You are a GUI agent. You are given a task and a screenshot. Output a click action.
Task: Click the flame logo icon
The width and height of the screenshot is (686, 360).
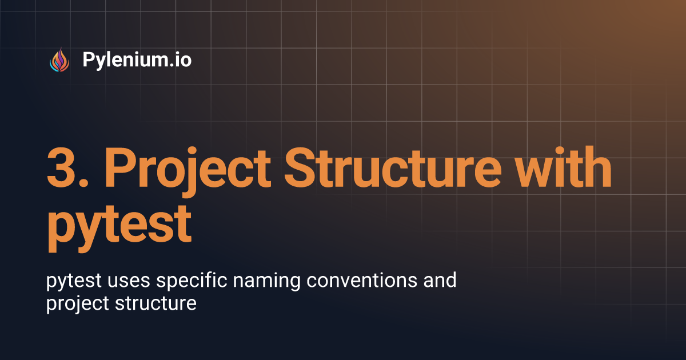click(x=59, y=59)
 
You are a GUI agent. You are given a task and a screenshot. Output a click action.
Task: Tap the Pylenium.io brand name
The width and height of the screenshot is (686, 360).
click(x=137, y=59)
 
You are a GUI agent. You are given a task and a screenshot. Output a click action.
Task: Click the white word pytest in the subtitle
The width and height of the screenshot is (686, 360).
click(x=73, y=281)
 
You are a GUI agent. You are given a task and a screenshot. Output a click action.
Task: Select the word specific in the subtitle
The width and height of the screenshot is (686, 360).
click(x=186, y=282)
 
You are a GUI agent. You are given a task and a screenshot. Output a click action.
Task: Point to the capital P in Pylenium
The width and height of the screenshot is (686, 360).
click(x=89, y=59)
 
